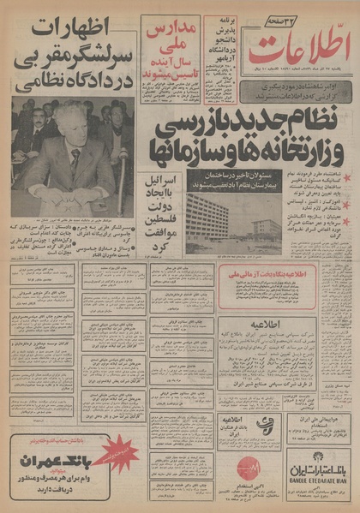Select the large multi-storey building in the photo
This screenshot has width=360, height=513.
coord(206,219)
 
